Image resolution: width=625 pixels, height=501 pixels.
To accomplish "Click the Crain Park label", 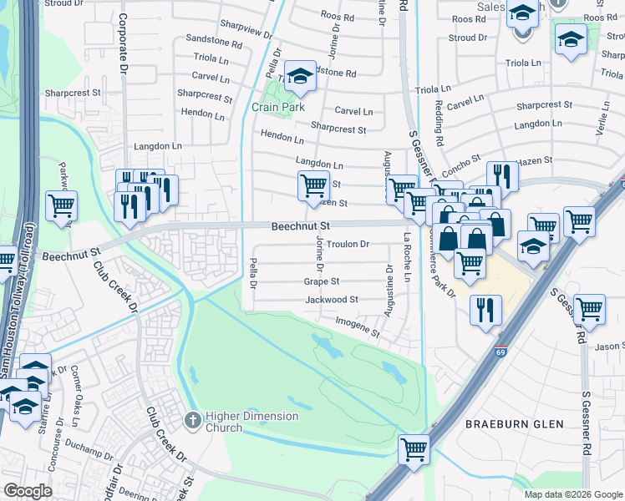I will pyautogui.click(x=277, y=107).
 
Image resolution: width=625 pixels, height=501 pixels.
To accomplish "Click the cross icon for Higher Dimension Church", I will pyautogui.click(x=192, y=419).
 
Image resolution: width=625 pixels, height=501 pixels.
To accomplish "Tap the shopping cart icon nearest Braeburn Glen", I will pyautogui.click(x=414, y=449).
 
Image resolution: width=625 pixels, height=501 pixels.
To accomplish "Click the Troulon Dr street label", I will pyautogui.click(x=348, y=245).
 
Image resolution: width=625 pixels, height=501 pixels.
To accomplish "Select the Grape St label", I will pyautogui.click(x=322, y=282).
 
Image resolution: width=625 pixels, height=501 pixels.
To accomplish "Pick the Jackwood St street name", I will pyautogui.click(x=331, y=299).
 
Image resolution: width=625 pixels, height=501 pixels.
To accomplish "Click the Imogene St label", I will pyautogui.click(x=358, y=326).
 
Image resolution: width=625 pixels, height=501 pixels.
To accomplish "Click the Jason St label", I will pyautogui.click(x=609, y=346).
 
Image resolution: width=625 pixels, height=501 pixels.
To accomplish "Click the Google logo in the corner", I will pyautogui.click(x=27, y=491).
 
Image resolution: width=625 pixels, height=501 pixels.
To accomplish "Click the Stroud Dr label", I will pyautogui.click(x=468, y=38).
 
